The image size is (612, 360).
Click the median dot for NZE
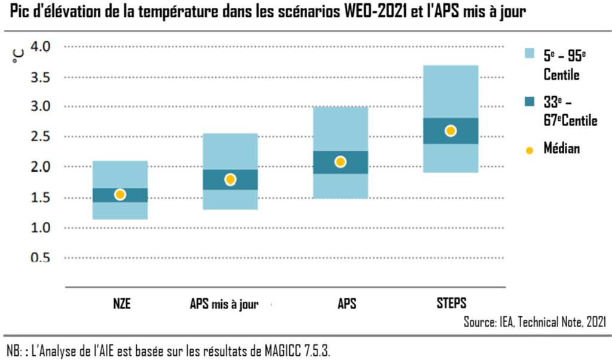click(120, 194)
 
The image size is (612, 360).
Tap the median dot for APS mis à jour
click(230, 179)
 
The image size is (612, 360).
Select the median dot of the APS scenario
click(340, 161)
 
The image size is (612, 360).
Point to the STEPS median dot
click(451, 131)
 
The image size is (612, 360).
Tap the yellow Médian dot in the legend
click(529, 150)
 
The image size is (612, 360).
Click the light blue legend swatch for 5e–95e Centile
click(529, 54)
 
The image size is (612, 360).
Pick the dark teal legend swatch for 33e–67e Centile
click(529, 102)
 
